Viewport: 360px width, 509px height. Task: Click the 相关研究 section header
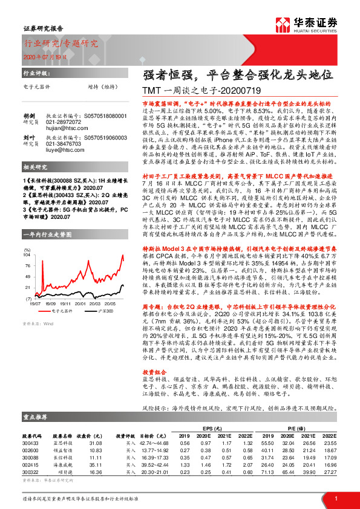coord(35,183)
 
